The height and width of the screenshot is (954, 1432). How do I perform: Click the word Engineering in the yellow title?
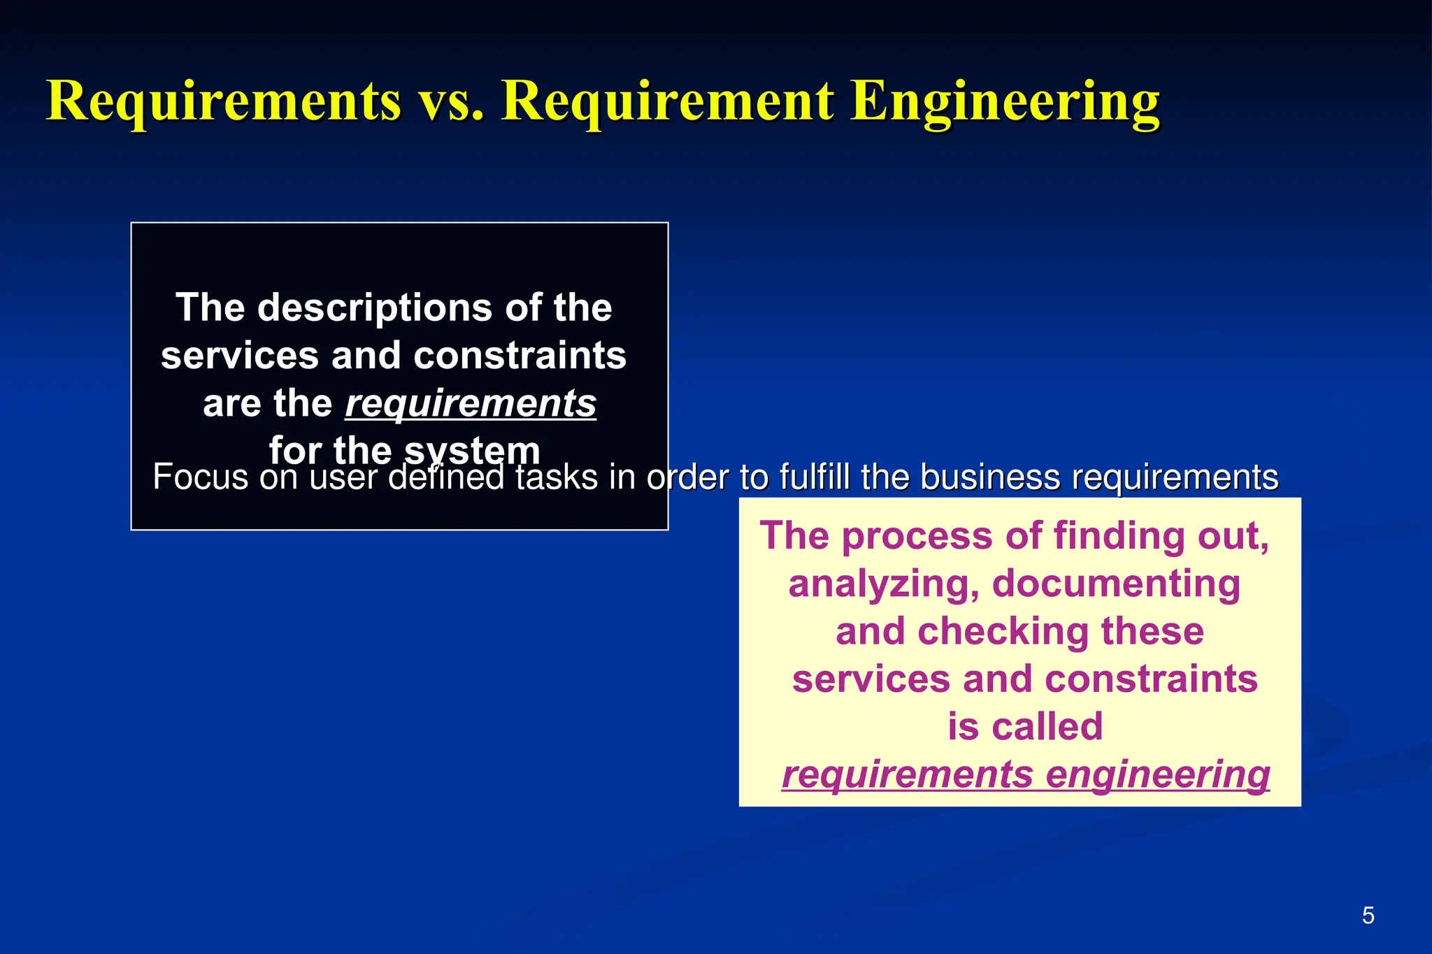[1005, 102]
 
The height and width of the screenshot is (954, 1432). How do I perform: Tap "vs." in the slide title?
[451, 102]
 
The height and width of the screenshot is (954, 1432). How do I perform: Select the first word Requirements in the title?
[224, 102]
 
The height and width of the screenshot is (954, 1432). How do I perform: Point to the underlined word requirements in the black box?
[471, 404]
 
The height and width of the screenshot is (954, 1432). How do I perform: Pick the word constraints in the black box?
[520, 356]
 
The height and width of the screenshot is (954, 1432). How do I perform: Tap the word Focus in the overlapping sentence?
[201, 477]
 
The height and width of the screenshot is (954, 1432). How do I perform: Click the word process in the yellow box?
[917, 536]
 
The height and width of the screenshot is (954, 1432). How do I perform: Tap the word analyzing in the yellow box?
[884, 584]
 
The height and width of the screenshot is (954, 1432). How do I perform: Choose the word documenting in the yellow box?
[1116, 584]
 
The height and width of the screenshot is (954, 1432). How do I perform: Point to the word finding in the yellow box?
[1119, 536]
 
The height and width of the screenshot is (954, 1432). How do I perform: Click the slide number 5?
[1368, 916]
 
